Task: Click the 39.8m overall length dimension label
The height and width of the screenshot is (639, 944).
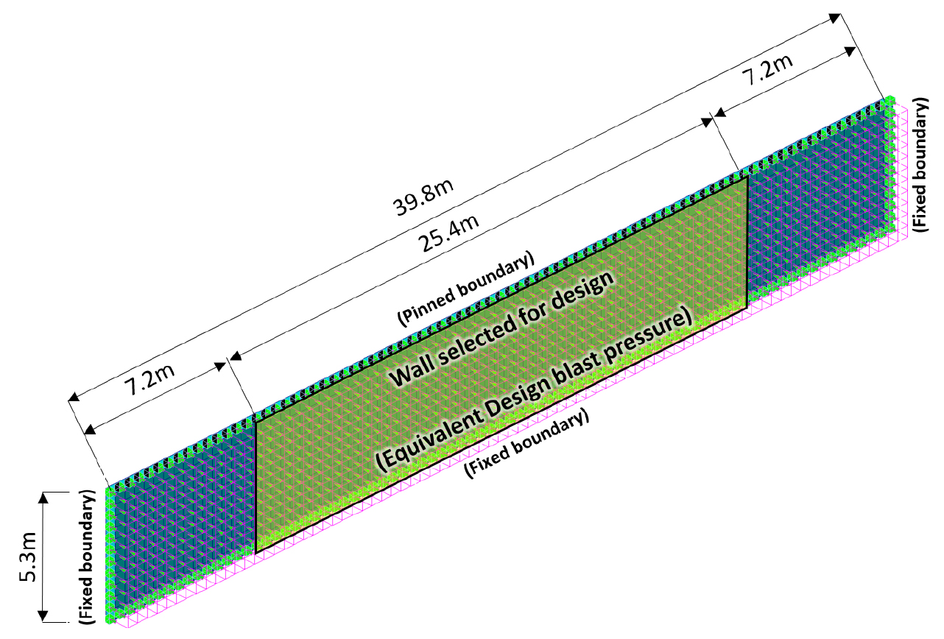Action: point(423,197)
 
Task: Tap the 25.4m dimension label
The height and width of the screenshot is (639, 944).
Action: point(448,233)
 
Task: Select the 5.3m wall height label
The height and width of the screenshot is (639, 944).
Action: point(29,557)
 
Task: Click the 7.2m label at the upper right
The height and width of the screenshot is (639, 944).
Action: point(767,69)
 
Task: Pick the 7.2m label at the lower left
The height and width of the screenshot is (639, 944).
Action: point(149,380)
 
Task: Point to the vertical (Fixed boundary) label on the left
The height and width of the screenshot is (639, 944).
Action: point(87,557)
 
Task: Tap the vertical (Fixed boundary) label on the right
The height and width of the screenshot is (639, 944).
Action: point(920,165)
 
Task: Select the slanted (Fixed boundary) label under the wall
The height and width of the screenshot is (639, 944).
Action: point(526,443)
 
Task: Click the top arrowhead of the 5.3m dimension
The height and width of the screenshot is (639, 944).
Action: point(43,498)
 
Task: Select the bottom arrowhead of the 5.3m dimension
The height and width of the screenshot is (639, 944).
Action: point(43,615)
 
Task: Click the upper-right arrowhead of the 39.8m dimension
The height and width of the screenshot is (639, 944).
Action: point(835,18)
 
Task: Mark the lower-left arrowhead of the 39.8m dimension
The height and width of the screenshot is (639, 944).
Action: point(74,397)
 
